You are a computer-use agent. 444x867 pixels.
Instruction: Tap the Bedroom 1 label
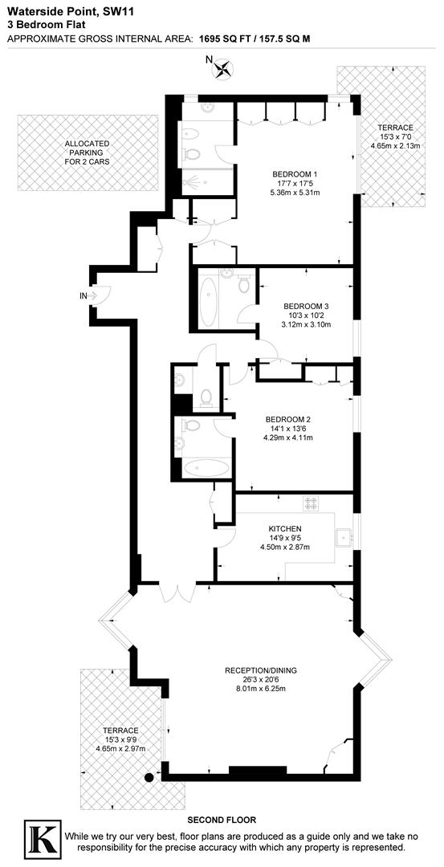[x=295, y=175]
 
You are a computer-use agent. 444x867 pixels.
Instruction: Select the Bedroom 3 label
[x=306, y=306]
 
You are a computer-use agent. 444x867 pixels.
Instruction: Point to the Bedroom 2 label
[x=288, y=419]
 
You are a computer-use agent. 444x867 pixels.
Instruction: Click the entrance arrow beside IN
[x=92, y=296]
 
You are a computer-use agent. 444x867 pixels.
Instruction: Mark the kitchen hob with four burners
[x=311, y=503]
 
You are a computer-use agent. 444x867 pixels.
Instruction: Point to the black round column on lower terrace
[x=149, y=777]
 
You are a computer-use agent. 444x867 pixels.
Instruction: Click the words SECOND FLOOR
[x=222, y=820]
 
